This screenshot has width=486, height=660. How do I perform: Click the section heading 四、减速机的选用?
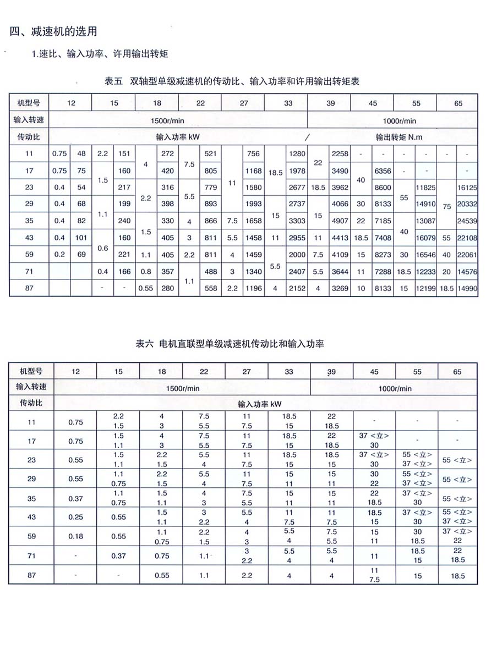point(54,31)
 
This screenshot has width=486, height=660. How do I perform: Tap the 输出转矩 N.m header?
point(399,137)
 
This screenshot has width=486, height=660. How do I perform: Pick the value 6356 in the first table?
point(383,171)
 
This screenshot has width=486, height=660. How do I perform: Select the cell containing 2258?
point(340,154)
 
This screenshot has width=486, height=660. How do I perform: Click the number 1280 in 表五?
point(296,154)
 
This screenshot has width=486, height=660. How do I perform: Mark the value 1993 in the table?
point(253,204)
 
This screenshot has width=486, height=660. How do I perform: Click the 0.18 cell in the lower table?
point(75,536)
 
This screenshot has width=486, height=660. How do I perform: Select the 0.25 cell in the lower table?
point(75,516)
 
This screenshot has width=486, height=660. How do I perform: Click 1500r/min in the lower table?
point(183,388)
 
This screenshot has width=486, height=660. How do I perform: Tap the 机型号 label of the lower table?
point(31,371)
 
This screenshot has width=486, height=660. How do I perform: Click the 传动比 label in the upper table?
point(29,137)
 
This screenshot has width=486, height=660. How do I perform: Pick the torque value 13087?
point(426,221)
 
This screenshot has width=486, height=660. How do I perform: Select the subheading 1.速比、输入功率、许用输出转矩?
point(100,54)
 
